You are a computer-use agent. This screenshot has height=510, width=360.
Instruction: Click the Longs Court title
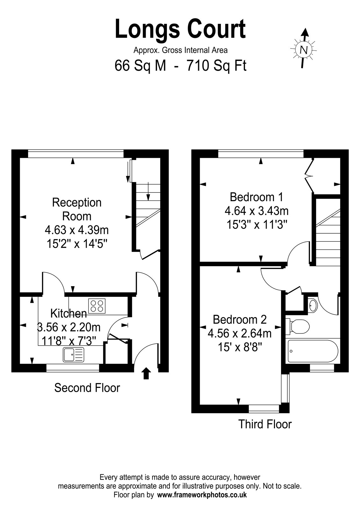click(180, 29)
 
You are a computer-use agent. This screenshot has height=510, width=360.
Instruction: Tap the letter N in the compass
click(304, 50)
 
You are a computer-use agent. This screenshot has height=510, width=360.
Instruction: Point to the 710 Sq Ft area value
click(216, 66)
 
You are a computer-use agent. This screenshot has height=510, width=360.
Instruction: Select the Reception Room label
click(77, 209)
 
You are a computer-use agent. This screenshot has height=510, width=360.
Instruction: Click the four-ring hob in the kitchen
click(97, 306)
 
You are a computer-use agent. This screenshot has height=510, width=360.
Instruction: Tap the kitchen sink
click(74, 354)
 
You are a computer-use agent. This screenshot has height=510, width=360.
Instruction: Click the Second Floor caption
click(87, 388)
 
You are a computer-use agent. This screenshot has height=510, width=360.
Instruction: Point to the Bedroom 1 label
click(256, 197)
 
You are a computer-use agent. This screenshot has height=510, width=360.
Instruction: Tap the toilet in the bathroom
click(298, 326)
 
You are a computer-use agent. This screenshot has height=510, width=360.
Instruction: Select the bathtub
click(313, 351)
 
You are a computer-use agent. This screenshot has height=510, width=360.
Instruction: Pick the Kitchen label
click(68, 314)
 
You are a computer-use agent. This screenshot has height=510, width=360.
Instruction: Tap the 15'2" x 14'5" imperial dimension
click(77, 244)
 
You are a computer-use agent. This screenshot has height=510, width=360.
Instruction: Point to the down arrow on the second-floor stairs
click(148, 191)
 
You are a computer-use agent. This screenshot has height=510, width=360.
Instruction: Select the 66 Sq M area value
click(140, 66)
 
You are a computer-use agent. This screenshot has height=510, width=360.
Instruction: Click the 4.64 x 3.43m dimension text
click(256, 211)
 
